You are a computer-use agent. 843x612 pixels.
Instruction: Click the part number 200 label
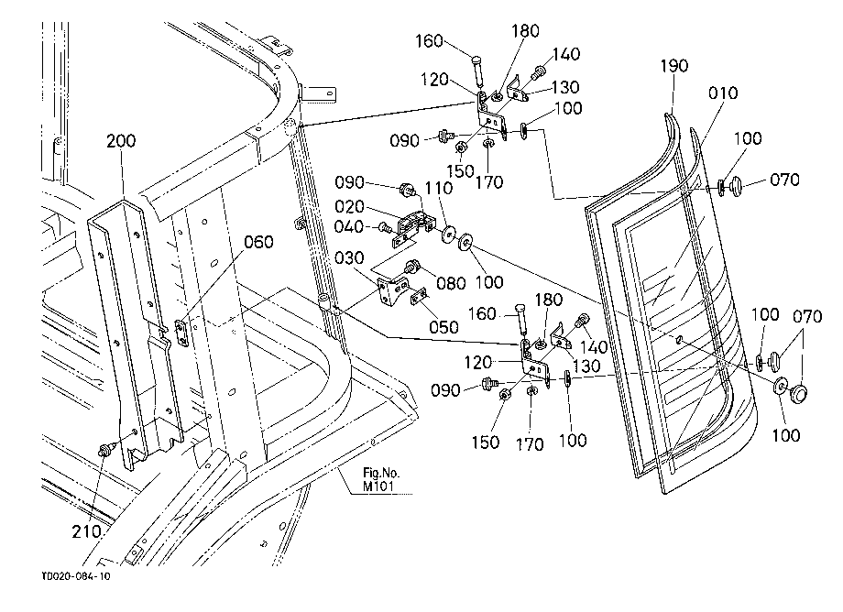click(121, 141)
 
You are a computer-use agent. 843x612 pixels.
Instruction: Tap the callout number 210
click(86, 531)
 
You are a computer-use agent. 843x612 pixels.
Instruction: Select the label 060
click(258, 243)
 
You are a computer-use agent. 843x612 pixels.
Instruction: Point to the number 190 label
click(674, 66)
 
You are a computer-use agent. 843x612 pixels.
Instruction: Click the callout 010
click(723, 93)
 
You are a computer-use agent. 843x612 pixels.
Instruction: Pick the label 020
click(349, 206)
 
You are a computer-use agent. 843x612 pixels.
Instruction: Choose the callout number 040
click(349, 226)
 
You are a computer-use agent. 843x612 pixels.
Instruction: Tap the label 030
click(349, 258)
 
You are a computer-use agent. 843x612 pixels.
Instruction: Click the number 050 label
click(443, 327)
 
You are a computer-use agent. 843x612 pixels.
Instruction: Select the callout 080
click(451, 283)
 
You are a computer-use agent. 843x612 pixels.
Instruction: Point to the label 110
click(439, 188)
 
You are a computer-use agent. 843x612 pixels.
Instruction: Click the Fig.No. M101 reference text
click(381, 480)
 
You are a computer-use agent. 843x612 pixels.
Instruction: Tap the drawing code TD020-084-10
click(76, 576)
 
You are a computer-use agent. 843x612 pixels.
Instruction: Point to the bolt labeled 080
click(411, 266)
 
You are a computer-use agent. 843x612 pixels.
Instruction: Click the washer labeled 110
click(448, 234)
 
